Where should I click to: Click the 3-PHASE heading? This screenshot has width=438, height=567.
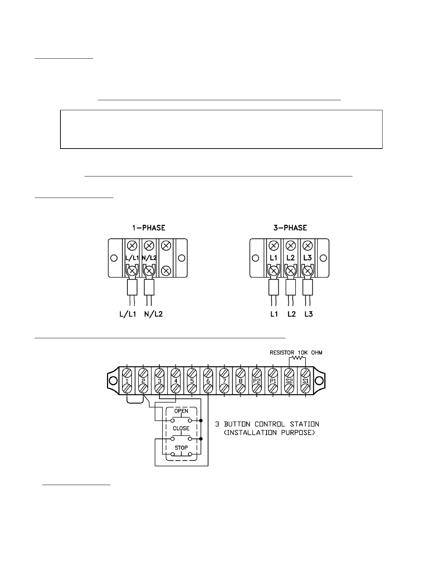pyautogui.click(x=290, y=228)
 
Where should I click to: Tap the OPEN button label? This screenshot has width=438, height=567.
pyautogui.click(x=181, y=411)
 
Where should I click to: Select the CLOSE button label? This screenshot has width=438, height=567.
pyautogui.click(x=181, y=428)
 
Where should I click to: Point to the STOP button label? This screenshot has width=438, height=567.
pyautogui.click(x=181, y=447)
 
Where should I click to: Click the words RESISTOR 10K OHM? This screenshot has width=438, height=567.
pyautogui.click(x=296, y=353)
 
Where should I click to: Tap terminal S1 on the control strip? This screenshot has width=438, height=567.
pyautogui.click(x=305, y=381)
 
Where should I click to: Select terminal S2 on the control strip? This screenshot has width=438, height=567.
pyautogui.click(x=289, y=381)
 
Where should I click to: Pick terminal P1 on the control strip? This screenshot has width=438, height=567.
pyautogui.click(x=273, y=381)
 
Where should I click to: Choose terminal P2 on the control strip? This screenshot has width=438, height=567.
pyautogui.click(x=257, y=381)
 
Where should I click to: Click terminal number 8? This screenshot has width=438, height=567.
pyautogui.click(x=240, y=381)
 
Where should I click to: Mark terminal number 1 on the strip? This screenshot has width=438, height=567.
pyautogui.click(x=127, y=381)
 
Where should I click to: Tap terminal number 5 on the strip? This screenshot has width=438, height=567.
pyautogui.click(x=192, y=381)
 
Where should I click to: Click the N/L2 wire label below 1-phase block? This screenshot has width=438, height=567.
pyautogui.click(x=154, y=314)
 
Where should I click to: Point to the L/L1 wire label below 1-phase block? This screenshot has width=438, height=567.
pyautogui.click(x=128, y=314)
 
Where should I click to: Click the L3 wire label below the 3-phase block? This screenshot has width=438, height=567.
pyautogui.click(x=308, y=314)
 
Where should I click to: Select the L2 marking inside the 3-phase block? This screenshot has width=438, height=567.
pyautogui.click(x=291, y=258)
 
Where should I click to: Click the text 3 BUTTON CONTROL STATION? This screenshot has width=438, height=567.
pyautogui.click(x=267, y=424)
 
